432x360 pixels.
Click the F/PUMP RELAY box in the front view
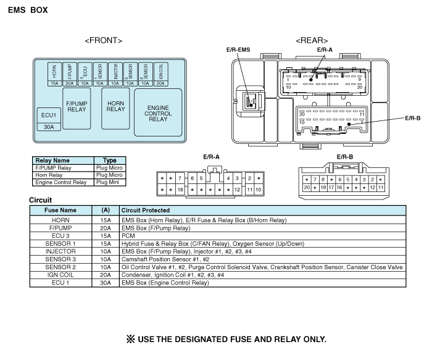(x=76, y=107)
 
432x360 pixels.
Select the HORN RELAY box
(x=115, y=107)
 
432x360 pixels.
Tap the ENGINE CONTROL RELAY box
(x=158, y=112)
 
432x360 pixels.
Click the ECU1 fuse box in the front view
(x=48, y=115)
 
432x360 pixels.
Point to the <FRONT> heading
(x=103, y=40)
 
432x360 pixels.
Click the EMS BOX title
(x=27, y=10)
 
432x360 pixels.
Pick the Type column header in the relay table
(x=109, y=161)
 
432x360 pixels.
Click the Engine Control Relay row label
(x=60, y=182)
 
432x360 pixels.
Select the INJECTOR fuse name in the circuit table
(x=60, y=251)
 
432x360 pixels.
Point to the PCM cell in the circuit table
(x=128, y=235)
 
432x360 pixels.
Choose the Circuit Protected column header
(x=146, y=211)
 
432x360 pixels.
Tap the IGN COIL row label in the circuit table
(x=60, y=275)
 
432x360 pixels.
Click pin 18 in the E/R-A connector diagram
(x=180, y=190)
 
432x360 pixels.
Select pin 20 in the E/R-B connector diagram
(x=306, y=187)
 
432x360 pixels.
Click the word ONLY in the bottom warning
(x=309, y=339)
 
